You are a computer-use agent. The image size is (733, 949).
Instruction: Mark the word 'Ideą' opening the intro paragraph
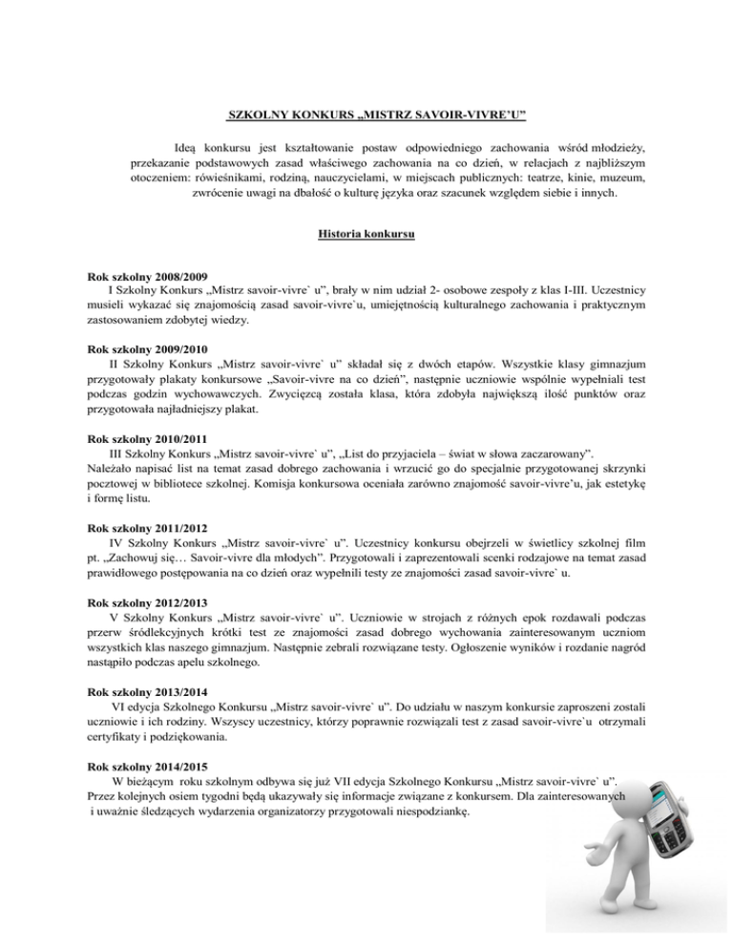point(189,149)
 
